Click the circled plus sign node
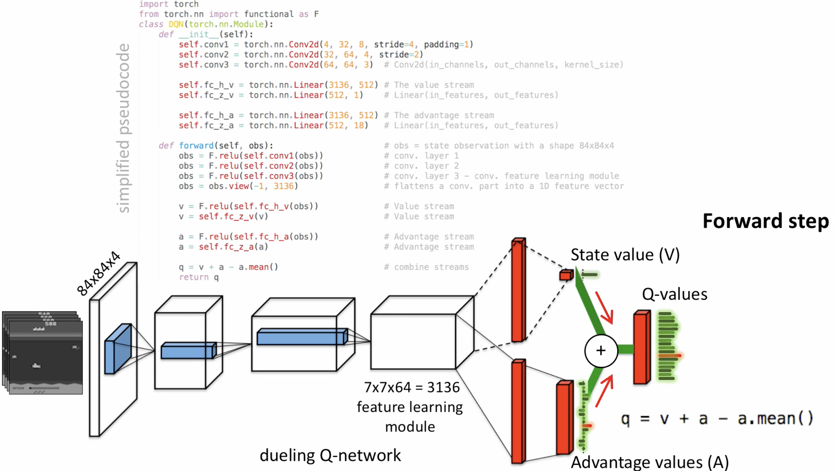click(x=601, y=351)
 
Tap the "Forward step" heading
click(x=766, y=221)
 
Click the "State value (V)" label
click(x=625, y=255)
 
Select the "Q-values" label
click(x=674, y=294)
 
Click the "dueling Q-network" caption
click(x=330, y=455)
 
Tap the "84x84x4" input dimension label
click(x=98, y=273)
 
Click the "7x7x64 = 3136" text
click(x=412, y=387)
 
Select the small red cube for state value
click(x=566, y=275)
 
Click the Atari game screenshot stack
click(x=43, y=353)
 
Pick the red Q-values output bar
click(x=642, y=347)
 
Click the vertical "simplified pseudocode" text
click(x=123, y=128)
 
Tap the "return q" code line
click(x=199, y=277)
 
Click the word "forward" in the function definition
click(x=196, y=146)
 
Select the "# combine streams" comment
click(x=426, y=267)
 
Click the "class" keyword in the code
click(x=151, y=24)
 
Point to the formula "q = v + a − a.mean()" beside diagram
click(x=717, y=419)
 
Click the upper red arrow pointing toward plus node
click(x=604, y=308)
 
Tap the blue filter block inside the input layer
click(x=118, y=348)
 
